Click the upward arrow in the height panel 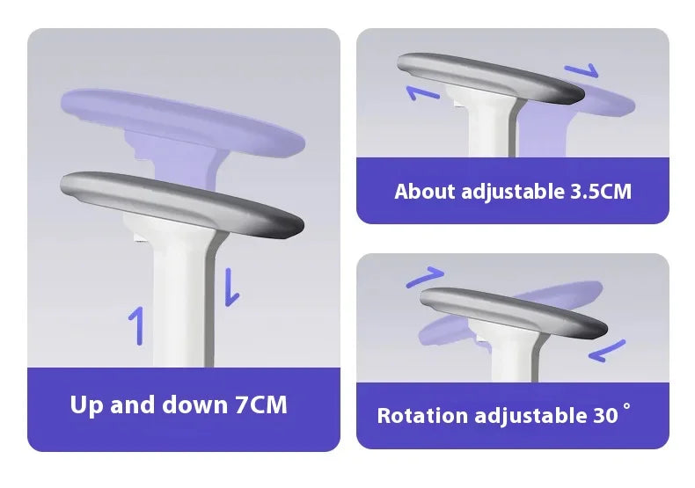pyautogui.click(x=135, y=325)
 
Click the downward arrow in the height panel pyautogui.click(x=231, y=287)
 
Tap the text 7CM pyautogui.click(x=260, y=405)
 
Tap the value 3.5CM pyautogui.click(x=595, y=191)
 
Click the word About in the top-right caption pyautogui.click(x=425, y=191)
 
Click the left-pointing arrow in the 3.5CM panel pyautogui.click(x=423, y=92)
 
